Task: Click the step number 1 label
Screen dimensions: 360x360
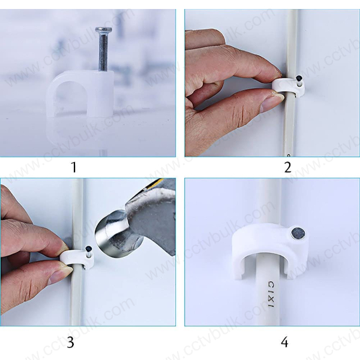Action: (x=74, y=167)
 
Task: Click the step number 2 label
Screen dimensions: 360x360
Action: (x=287, y=167)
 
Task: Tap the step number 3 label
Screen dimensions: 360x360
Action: (x=70, y=343)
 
